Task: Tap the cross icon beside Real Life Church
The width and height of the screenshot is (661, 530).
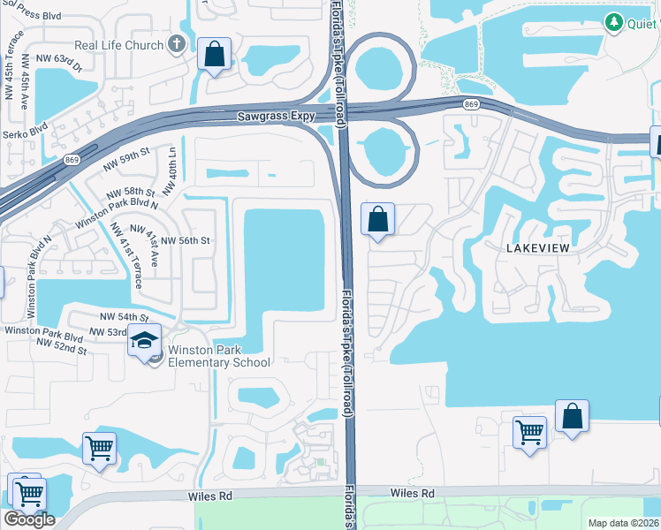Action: (x=176, y=44)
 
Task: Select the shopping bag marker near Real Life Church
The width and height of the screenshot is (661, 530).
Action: (x=214, y=55)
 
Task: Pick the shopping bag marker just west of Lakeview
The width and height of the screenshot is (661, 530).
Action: (x=377, y=219)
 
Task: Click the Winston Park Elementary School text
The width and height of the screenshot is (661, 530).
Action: (x=207, y=356)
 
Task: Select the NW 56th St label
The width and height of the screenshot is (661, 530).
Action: (x=185, y=240)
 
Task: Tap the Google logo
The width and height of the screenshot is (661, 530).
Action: (x=29, y=519)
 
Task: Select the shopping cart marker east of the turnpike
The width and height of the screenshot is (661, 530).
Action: (x=529, y=433)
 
